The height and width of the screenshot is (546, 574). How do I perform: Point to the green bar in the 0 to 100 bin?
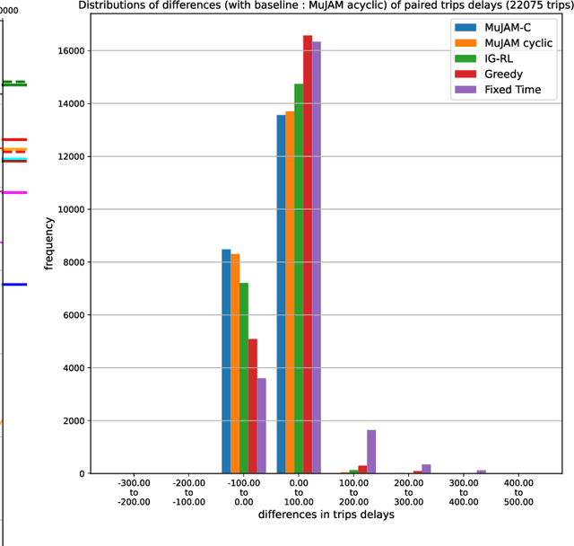(299, 278)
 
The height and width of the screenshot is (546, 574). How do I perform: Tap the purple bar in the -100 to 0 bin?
(262, 426)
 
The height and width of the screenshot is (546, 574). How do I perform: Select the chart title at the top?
(325, 5)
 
